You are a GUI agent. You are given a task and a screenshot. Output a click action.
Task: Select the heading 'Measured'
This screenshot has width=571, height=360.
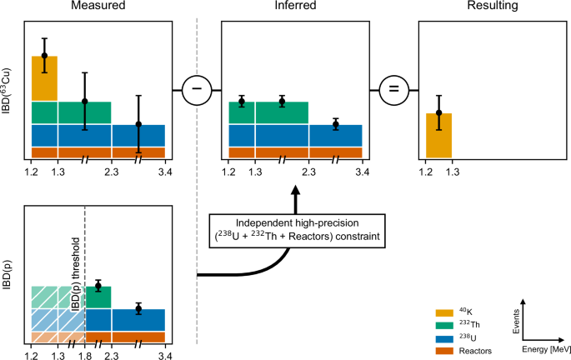98,7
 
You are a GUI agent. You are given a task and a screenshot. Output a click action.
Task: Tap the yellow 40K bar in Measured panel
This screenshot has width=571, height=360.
44,78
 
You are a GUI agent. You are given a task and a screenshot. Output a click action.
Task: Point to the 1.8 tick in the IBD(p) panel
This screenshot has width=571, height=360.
85,356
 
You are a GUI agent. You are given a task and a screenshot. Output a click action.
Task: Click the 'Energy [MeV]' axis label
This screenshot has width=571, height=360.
545,350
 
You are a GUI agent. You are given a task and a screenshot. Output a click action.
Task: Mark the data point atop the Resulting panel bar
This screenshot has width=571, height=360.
438,112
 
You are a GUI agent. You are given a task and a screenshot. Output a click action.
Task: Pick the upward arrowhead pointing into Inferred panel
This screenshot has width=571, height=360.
295,191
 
